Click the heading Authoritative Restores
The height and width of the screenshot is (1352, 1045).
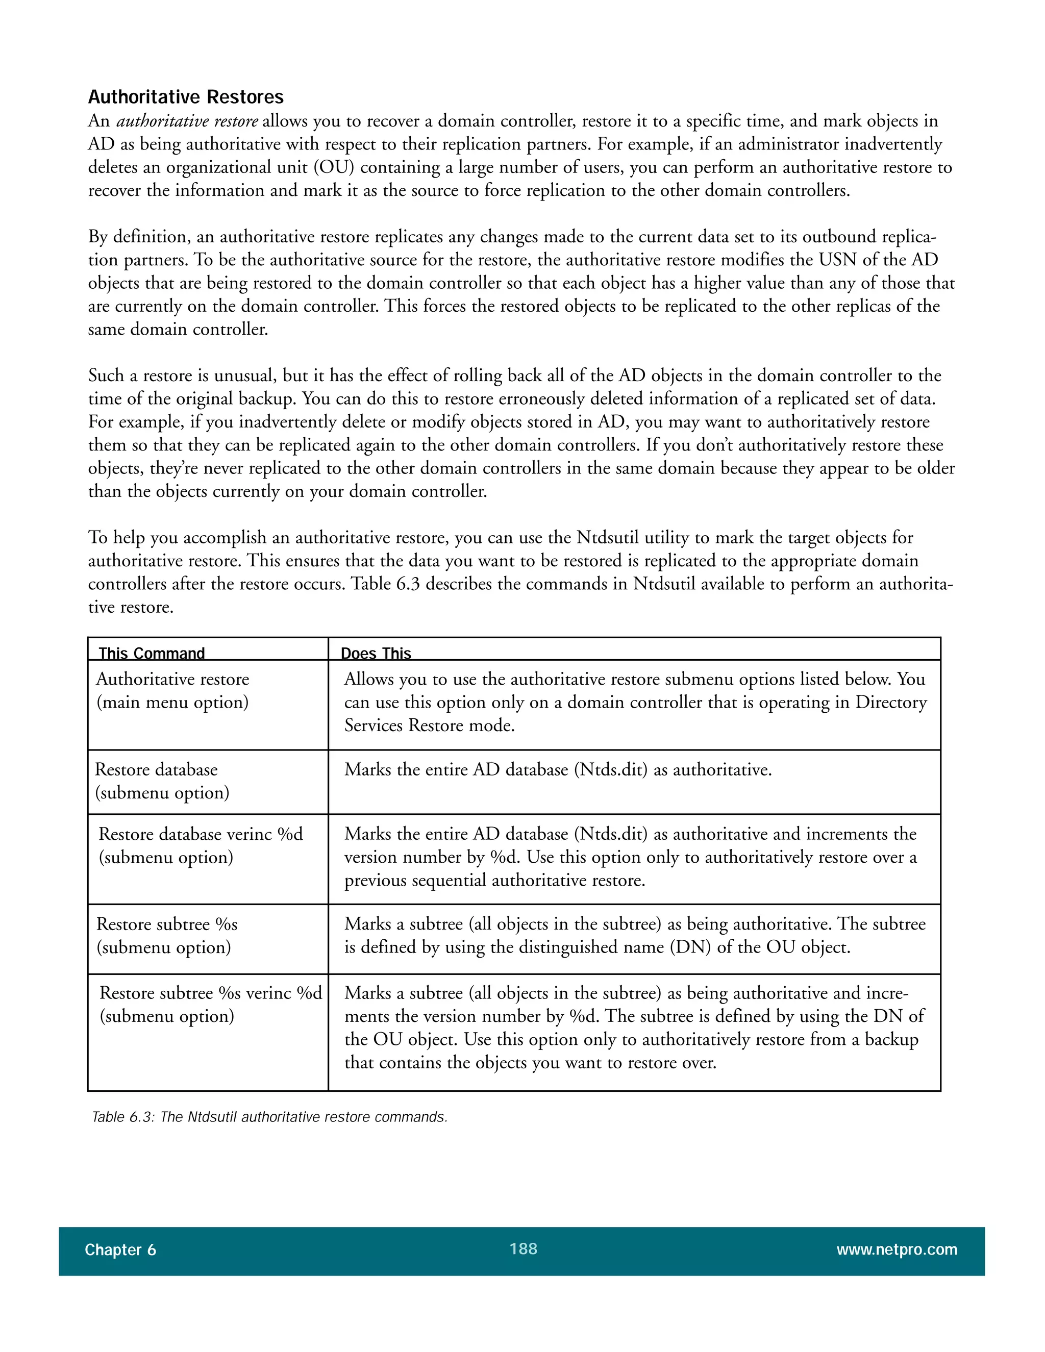186,97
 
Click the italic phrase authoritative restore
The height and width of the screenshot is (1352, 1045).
187,121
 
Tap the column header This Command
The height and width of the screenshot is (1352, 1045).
152,653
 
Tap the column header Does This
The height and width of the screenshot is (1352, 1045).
376,653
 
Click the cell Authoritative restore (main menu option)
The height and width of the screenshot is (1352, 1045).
173,691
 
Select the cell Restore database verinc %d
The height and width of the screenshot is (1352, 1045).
201,835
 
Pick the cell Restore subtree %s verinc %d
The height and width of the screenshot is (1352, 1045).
211,993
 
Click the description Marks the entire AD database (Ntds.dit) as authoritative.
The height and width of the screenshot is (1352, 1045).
558,769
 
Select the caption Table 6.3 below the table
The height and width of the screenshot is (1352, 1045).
269,1117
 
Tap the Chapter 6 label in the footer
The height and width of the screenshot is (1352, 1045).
120,1250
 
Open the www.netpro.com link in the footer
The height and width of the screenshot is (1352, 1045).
897,1250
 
